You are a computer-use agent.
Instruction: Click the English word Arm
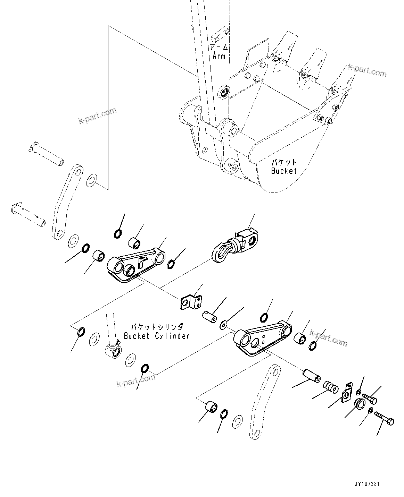pos(219,55)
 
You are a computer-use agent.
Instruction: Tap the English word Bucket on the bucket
pos(284,171)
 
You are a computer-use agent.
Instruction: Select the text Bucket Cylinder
pos(157,336)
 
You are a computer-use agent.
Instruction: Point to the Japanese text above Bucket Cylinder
pos(156,327)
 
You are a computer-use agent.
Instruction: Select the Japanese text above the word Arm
pos(219,47)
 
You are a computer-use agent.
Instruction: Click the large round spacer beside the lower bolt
pos(360,404)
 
